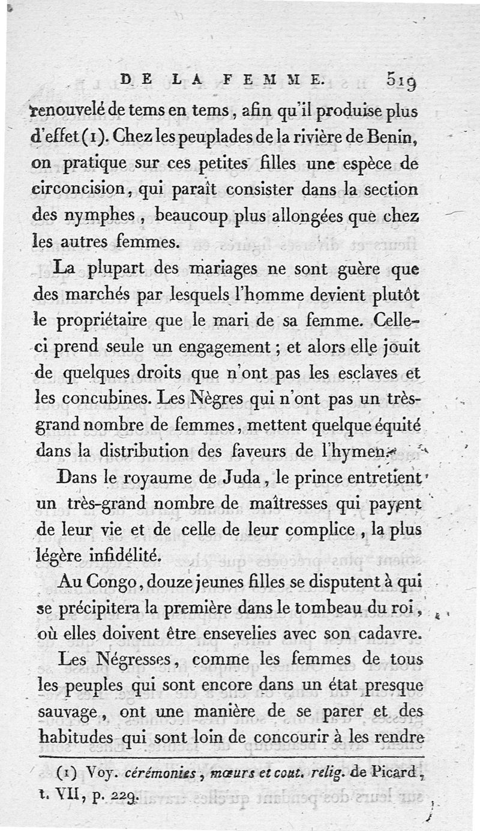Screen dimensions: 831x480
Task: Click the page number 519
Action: [x=406, y=79]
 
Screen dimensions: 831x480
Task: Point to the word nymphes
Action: [x=92, y=216]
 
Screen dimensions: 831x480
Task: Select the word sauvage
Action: [x=71, y=712]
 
